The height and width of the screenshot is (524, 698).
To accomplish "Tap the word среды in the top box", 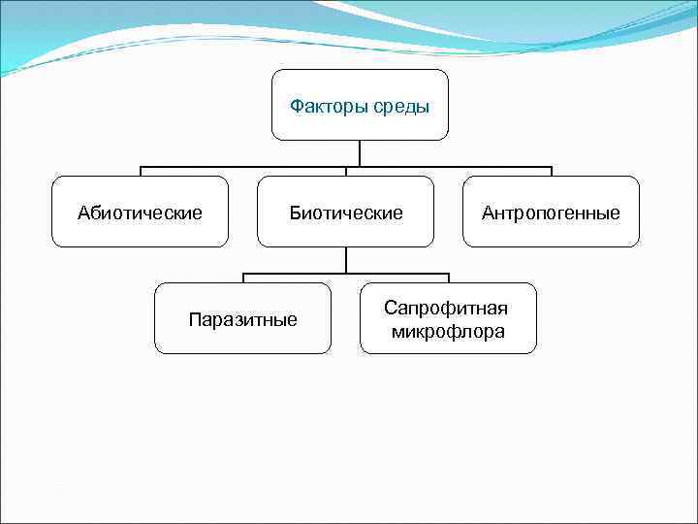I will pyautogui.click(x=401, y=106).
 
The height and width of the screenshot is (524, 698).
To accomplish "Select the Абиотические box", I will pyautogui.click(x=141, y=212).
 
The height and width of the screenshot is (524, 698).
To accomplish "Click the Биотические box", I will pyautogui.click(x=346, y=212).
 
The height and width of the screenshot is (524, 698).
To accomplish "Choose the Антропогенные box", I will pyautogui.click(x=552, y=212).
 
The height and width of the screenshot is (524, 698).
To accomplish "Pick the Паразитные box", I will pyautogui.click(x=243, y=318).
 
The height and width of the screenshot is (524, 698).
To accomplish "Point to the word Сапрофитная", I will pyautogui.click(x=446, y=308).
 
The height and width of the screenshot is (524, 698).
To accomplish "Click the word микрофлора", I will pyautogui.click(x=448, y=331).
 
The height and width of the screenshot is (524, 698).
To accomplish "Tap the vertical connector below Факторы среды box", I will pyautogui.click(x=361, y=153).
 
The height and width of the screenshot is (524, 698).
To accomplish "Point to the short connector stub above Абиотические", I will pyautogui.click(x=141, y=172).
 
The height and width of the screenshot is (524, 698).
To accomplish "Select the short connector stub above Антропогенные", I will pyautogui.click(x=552, y=172).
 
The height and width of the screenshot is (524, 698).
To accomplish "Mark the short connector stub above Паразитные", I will pyautogui.click(x=243, y=278).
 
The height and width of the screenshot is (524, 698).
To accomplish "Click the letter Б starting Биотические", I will pyautogui.click(x=295, y=213).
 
